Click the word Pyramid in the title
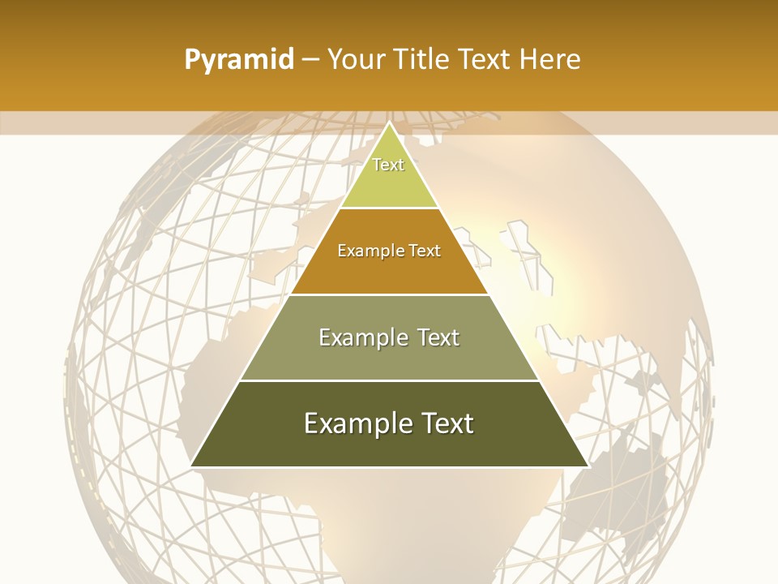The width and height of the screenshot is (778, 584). tap(239, 59)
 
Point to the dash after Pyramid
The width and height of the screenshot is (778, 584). tap(310, 60)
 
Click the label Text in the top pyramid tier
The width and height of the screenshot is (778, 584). tap(388, 165)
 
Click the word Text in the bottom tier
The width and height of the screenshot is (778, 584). tap(447, 423)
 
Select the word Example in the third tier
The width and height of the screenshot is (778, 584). tap(361, 337)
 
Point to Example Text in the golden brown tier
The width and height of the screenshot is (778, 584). tap(389, 251)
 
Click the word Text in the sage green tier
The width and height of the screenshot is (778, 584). tap(436, 337)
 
